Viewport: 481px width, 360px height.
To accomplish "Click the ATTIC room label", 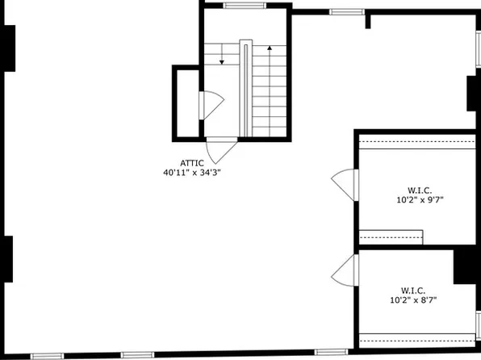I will (192, 161).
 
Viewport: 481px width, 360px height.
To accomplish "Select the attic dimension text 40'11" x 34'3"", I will (192, 171).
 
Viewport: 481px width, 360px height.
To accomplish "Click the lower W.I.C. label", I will (413, 290).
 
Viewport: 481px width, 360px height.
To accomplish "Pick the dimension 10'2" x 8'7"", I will (413, 299).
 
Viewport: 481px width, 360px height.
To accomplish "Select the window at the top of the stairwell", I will (245, 6).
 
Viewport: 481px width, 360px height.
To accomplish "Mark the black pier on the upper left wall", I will (8, 48).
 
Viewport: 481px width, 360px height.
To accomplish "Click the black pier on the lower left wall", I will (6, 260).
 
